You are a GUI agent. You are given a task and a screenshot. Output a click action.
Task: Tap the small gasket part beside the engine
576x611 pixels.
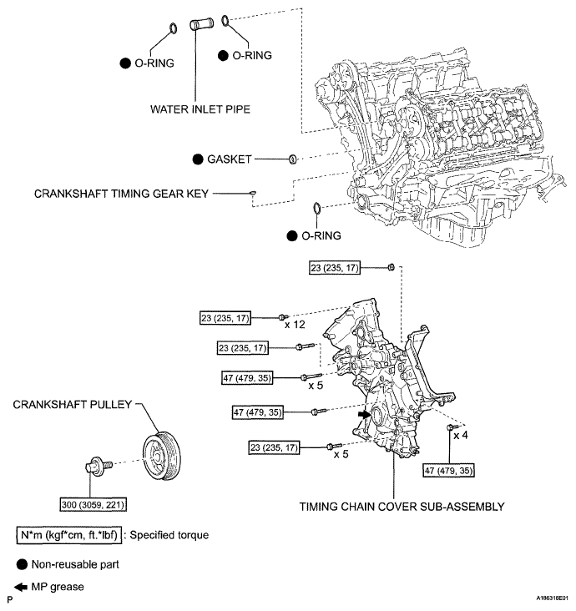(293, 159)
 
